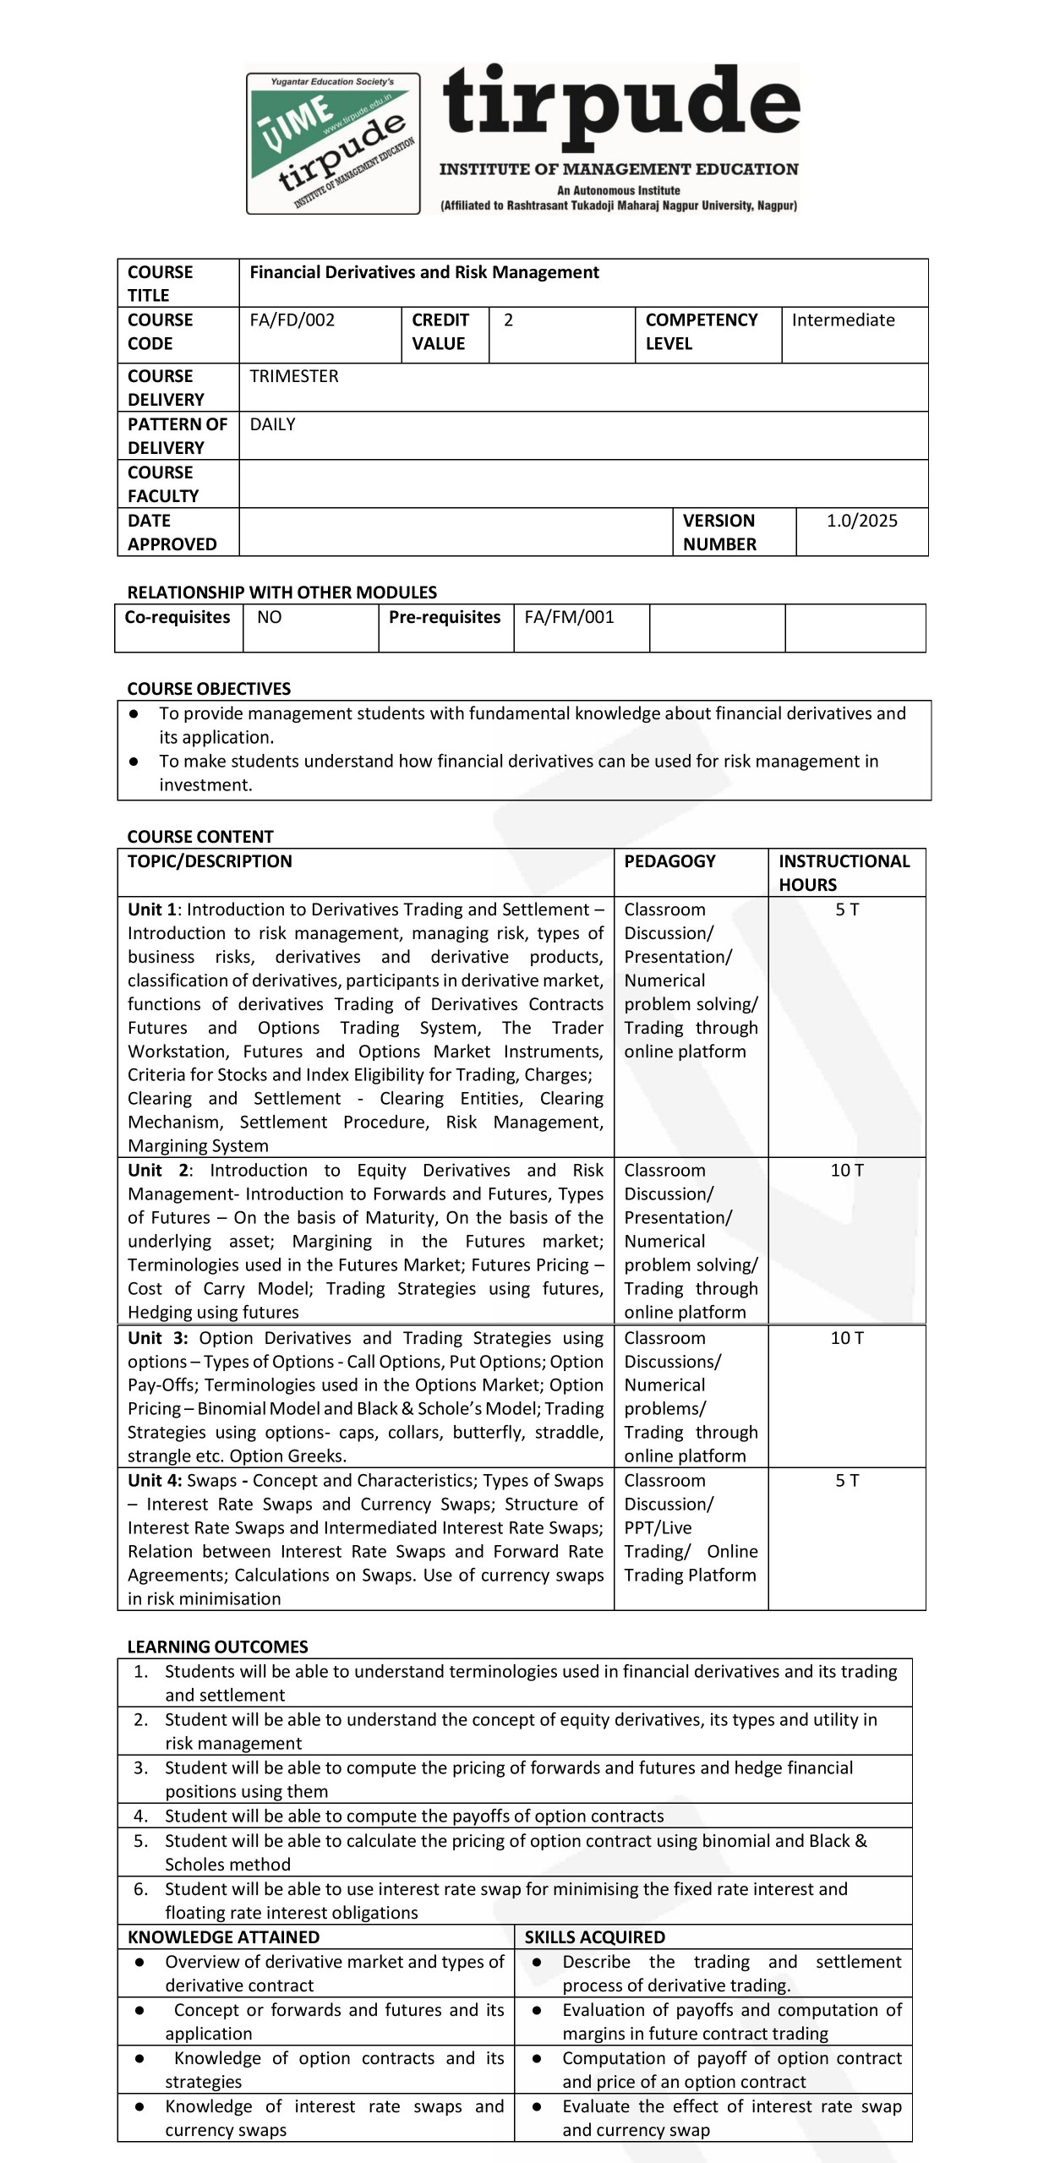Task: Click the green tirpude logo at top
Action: pos(333,143)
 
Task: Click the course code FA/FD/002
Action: pos(292,320)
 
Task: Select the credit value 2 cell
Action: pos(509,320)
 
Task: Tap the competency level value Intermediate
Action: pos(843,320)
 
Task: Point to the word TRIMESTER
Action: pos(293,376)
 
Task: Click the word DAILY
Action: pos(272,424)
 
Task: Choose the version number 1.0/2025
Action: pos(861,521)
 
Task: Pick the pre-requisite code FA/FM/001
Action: pos(569,617)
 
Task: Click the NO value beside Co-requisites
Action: pos(269,617)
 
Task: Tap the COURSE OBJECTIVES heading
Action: pos(209,689)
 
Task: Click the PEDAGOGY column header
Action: pos(669,861)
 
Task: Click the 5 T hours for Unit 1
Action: pos(847,909)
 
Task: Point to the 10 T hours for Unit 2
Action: pos(847,1171)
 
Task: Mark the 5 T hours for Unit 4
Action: pos(847,1481)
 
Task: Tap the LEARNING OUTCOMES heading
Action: pos(217,1647)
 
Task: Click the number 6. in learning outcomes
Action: pos(141,1889)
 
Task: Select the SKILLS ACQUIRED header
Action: pos(594,1937)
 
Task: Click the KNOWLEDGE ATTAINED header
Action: pos(223,1937)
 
